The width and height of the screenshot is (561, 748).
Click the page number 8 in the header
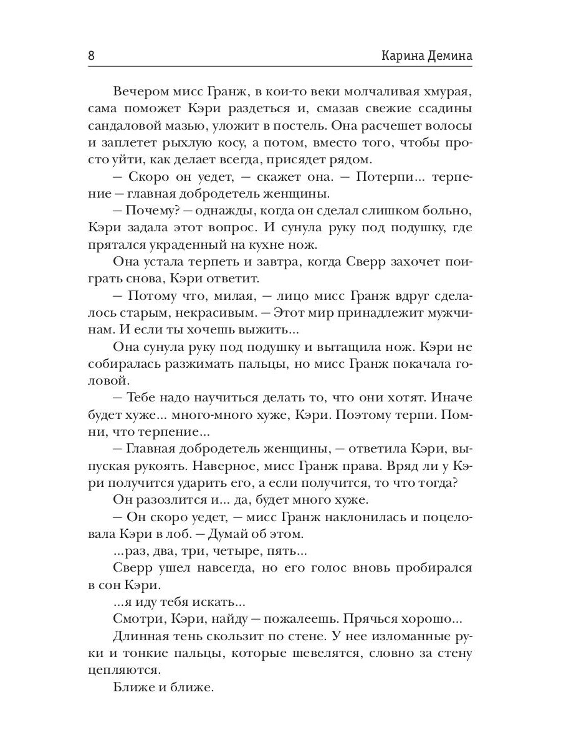click(x=91, y=55)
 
